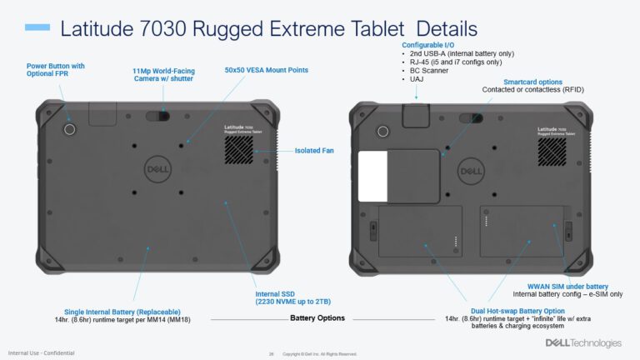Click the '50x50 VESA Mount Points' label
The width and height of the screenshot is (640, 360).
[x=261, y=70]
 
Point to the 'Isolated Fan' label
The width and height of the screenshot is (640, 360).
[x=314, y=151]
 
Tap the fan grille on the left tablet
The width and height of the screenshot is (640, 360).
[x=239, y=149]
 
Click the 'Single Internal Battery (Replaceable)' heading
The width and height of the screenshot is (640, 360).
[x=113, y=310]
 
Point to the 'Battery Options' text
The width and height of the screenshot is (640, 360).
[x=317, y=318]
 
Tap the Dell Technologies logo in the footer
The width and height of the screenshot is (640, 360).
[x=583, y=342]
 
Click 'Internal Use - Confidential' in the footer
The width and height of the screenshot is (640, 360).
[x=41, y=352]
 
